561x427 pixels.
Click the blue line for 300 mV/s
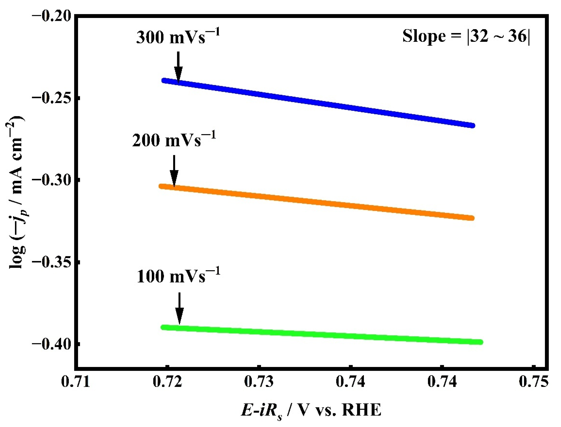[x=317, y=103]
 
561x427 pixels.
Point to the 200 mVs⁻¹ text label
[x=174, y=140]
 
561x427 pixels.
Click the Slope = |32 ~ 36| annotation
[x=466, y=36]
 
